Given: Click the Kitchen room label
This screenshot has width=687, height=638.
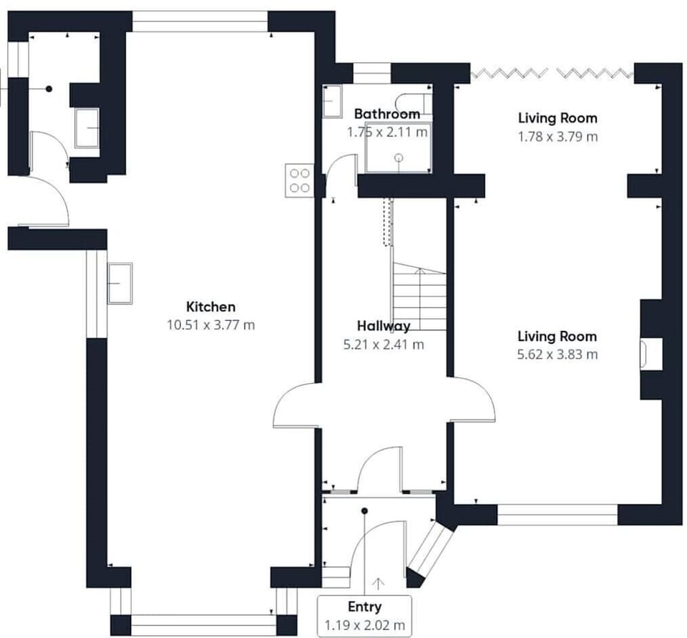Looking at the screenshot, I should coord(210,307).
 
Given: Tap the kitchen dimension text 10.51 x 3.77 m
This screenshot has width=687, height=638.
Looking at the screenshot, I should coord(210,325).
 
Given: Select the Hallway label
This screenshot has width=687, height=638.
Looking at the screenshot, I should coord(384,327).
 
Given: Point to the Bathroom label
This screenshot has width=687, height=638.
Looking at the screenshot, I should coord(386,114).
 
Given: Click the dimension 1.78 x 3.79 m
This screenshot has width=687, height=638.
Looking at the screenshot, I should coord(557,136).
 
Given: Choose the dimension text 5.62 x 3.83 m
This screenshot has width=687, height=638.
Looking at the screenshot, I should coord(557,354).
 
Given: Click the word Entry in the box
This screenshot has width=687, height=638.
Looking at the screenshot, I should coord(364,607).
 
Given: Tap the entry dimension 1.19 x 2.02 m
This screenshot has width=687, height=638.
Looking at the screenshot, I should coord(364,624).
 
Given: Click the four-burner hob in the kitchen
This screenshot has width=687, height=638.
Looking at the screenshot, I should coord(301,180).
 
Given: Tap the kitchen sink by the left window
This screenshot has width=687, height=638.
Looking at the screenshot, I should coord(120,283).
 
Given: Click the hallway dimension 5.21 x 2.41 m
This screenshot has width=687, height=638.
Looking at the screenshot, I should coord(384,344).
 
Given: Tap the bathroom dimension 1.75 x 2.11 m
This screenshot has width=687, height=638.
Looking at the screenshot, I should coord(387,132).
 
